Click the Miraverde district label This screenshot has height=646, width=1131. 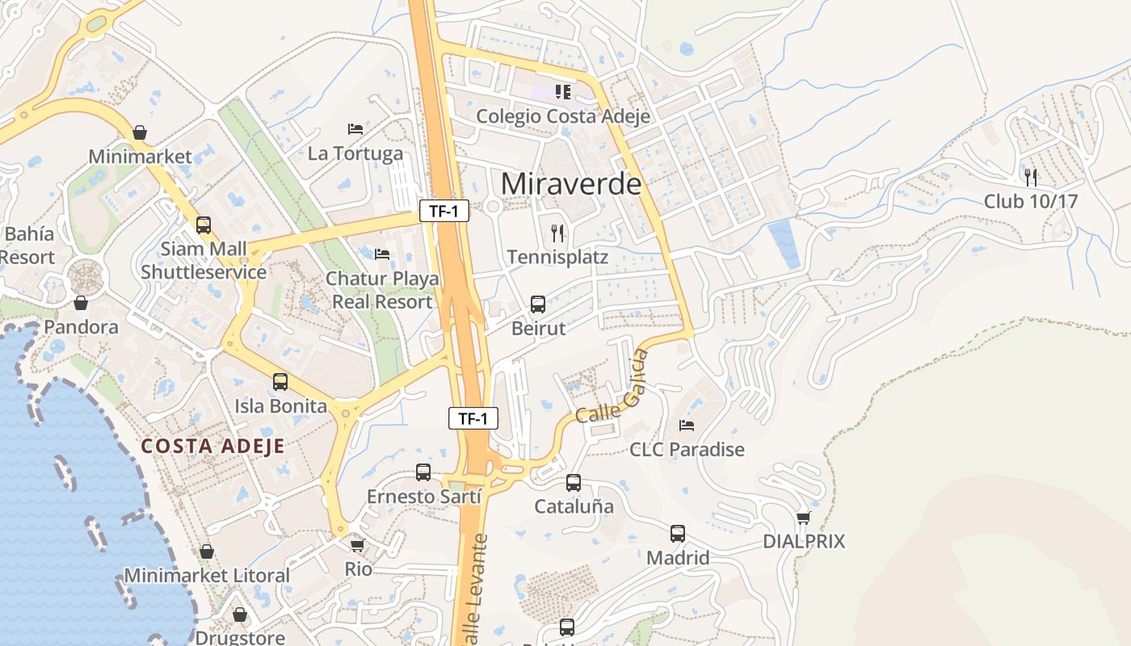click(x=571, y=184)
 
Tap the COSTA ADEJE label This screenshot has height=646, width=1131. click(x=212, y=446)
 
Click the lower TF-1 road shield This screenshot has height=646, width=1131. click(x=473, y=418)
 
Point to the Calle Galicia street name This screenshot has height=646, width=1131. click(x=613, y=389)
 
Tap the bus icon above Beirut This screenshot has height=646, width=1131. click(x=538, y=304)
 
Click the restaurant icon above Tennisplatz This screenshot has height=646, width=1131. click(x=557, y=233)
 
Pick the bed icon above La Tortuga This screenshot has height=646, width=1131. click(x=355, y=128)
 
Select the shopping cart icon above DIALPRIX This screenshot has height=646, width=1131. click(x=803, y=518)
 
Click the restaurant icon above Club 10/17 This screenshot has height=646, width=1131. click(x=1031, y=177)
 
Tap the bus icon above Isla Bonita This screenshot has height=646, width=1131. click(x=280, y=382)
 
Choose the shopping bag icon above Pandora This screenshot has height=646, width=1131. click(x=81, y=303)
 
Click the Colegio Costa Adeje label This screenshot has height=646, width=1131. click(x=563, y=116)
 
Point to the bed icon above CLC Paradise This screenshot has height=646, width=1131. click(x=687, y=425)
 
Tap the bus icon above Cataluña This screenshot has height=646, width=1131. click(x=574, y=483)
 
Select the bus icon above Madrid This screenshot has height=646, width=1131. click(x=678, y=534)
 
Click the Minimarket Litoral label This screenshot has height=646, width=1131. click(x=207, y=576)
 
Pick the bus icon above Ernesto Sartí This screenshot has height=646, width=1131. click(x=423, y=472)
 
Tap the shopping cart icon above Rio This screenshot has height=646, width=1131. click(x=358, y=545)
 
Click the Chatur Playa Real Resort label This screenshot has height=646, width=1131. click(x=382, y=290)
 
